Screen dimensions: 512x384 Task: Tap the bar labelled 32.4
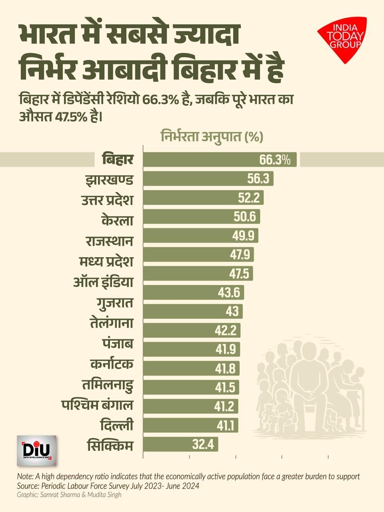click(180, 444)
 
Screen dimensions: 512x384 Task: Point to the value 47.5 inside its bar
click(239, 274)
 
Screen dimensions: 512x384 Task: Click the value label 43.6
click(229, 293)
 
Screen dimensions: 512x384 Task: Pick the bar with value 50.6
click(202, 216)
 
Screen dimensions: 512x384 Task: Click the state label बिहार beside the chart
click(117, 159)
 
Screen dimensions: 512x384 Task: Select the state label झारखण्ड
click(109, 179)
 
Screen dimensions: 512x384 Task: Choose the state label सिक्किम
click(110, 445)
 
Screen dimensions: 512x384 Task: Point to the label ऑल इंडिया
click(103, 282)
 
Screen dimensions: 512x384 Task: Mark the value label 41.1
click(226, 426)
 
